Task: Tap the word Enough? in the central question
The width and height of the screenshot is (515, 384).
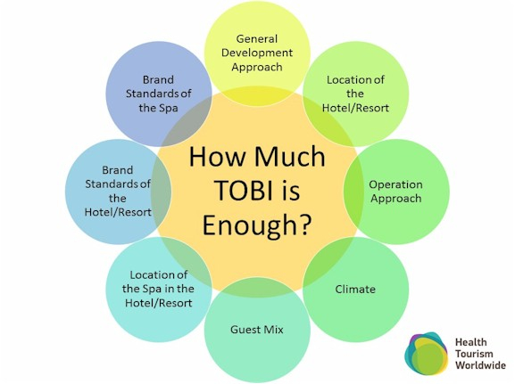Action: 256,225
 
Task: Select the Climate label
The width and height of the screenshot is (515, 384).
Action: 355,290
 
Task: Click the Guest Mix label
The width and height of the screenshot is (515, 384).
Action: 257,330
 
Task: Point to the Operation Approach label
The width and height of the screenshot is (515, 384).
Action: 395,192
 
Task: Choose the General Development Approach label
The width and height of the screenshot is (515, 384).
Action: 257,53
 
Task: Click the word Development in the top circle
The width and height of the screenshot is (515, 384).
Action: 257,53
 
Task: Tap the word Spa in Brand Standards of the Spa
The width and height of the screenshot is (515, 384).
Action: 168,108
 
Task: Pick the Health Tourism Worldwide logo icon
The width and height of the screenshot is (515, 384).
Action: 427,353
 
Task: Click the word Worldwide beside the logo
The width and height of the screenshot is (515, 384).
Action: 480,365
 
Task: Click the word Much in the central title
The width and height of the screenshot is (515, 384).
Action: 290,156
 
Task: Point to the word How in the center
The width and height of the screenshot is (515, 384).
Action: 218,156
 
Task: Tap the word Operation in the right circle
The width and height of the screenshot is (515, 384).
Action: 395,184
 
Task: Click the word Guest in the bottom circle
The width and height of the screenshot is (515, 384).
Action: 243,330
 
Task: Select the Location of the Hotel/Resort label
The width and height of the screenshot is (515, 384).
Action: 355,94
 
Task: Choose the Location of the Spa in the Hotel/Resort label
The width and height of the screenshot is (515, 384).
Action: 158,289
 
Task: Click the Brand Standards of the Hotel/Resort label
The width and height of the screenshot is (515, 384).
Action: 118,192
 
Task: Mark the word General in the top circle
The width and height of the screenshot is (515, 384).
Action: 257,38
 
